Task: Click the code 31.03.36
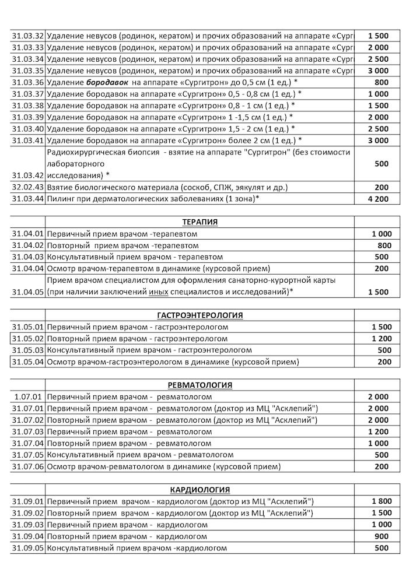coord(27,82)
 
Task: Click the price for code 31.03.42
coord(381,164)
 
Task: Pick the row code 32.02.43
coord(27,187)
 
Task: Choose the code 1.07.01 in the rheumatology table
coord(29,397)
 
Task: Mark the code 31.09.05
coord(27,548)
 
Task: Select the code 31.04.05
coord(27,292)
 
